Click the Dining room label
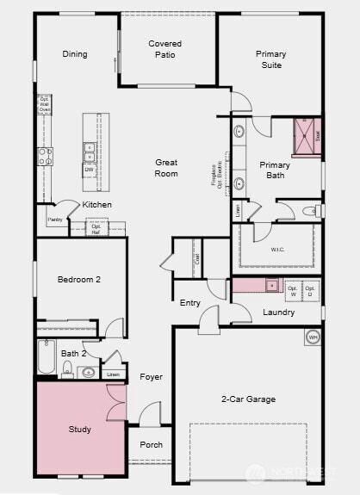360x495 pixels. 75,54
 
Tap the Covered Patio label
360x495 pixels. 164,49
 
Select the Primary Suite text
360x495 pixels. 270,59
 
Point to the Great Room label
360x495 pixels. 166,168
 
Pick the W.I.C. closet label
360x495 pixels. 276,251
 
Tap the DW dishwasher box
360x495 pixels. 89,170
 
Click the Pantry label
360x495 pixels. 54,220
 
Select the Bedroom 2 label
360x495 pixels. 79,279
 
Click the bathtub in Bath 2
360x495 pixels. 47,356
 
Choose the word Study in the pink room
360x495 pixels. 79,429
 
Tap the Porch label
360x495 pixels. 152,445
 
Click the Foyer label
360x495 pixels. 152,377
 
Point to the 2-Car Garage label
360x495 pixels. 248,399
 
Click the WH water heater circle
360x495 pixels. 312,337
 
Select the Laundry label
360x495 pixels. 279,312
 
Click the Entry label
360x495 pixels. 190,303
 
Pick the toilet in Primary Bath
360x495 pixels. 311,210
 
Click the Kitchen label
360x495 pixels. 96,205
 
